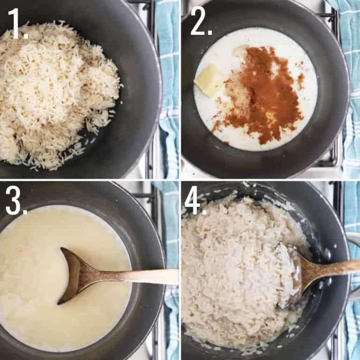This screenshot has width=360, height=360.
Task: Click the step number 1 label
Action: [x=17, y=23]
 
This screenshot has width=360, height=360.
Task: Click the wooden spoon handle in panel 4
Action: [x=335, y=269]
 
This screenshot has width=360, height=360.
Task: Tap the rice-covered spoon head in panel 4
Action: [x=288, y=270]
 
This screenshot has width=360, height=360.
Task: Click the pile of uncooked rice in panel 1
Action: [x=56, y=89]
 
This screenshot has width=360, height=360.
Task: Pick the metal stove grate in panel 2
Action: [x=334, y=150]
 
